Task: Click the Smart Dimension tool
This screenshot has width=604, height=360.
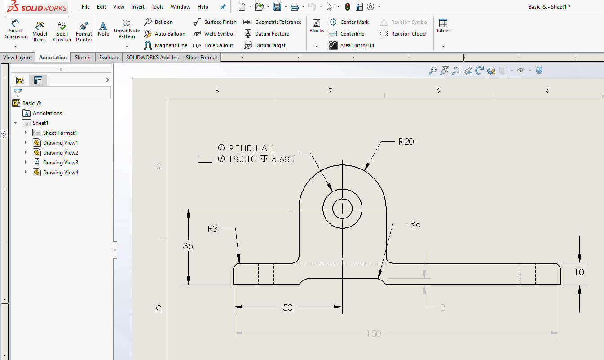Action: pos(15,30)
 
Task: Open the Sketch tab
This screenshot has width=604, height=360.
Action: pos(83,58)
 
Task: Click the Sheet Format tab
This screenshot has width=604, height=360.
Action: pos(201,58)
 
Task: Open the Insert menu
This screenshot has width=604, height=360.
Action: pos(138,7)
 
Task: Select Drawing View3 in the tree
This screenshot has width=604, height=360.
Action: pos(60,163)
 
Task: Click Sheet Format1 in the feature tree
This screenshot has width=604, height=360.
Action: pos(60,133)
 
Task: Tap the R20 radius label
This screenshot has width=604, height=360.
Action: pos(406,142)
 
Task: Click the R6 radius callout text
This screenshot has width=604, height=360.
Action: pos(415,224)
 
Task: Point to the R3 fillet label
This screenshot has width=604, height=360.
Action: pos(212,229)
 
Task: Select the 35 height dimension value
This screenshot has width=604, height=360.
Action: pos(188,246)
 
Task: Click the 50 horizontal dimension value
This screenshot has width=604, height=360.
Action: pos(288,307)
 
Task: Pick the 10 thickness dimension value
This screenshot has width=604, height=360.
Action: pos(579,272)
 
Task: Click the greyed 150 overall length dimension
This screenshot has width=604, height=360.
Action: pos(374,333)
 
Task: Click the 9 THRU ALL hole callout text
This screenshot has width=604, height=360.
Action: pos(247,148)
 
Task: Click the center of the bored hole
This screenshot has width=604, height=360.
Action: pos(343,209)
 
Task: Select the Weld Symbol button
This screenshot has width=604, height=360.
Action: pos(214,34)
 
